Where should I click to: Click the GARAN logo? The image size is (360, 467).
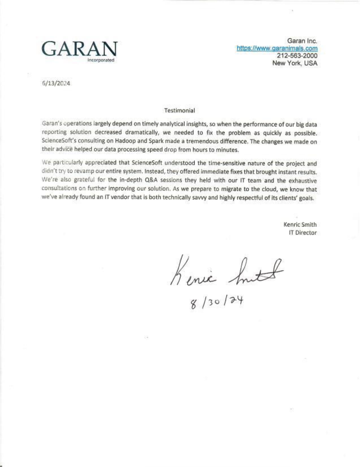79,49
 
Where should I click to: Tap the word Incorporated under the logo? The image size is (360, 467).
101,60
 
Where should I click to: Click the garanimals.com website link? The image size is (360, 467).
277,48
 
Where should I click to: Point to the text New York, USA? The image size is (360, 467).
295,63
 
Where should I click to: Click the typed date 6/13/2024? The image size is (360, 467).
56,83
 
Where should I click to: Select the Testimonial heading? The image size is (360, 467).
180,111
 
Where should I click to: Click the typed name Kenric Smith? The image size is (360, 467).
300,225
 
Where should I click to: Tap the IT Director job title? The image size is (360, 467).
302,233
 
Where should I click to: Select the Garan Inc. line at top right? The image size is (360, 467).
302,41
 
